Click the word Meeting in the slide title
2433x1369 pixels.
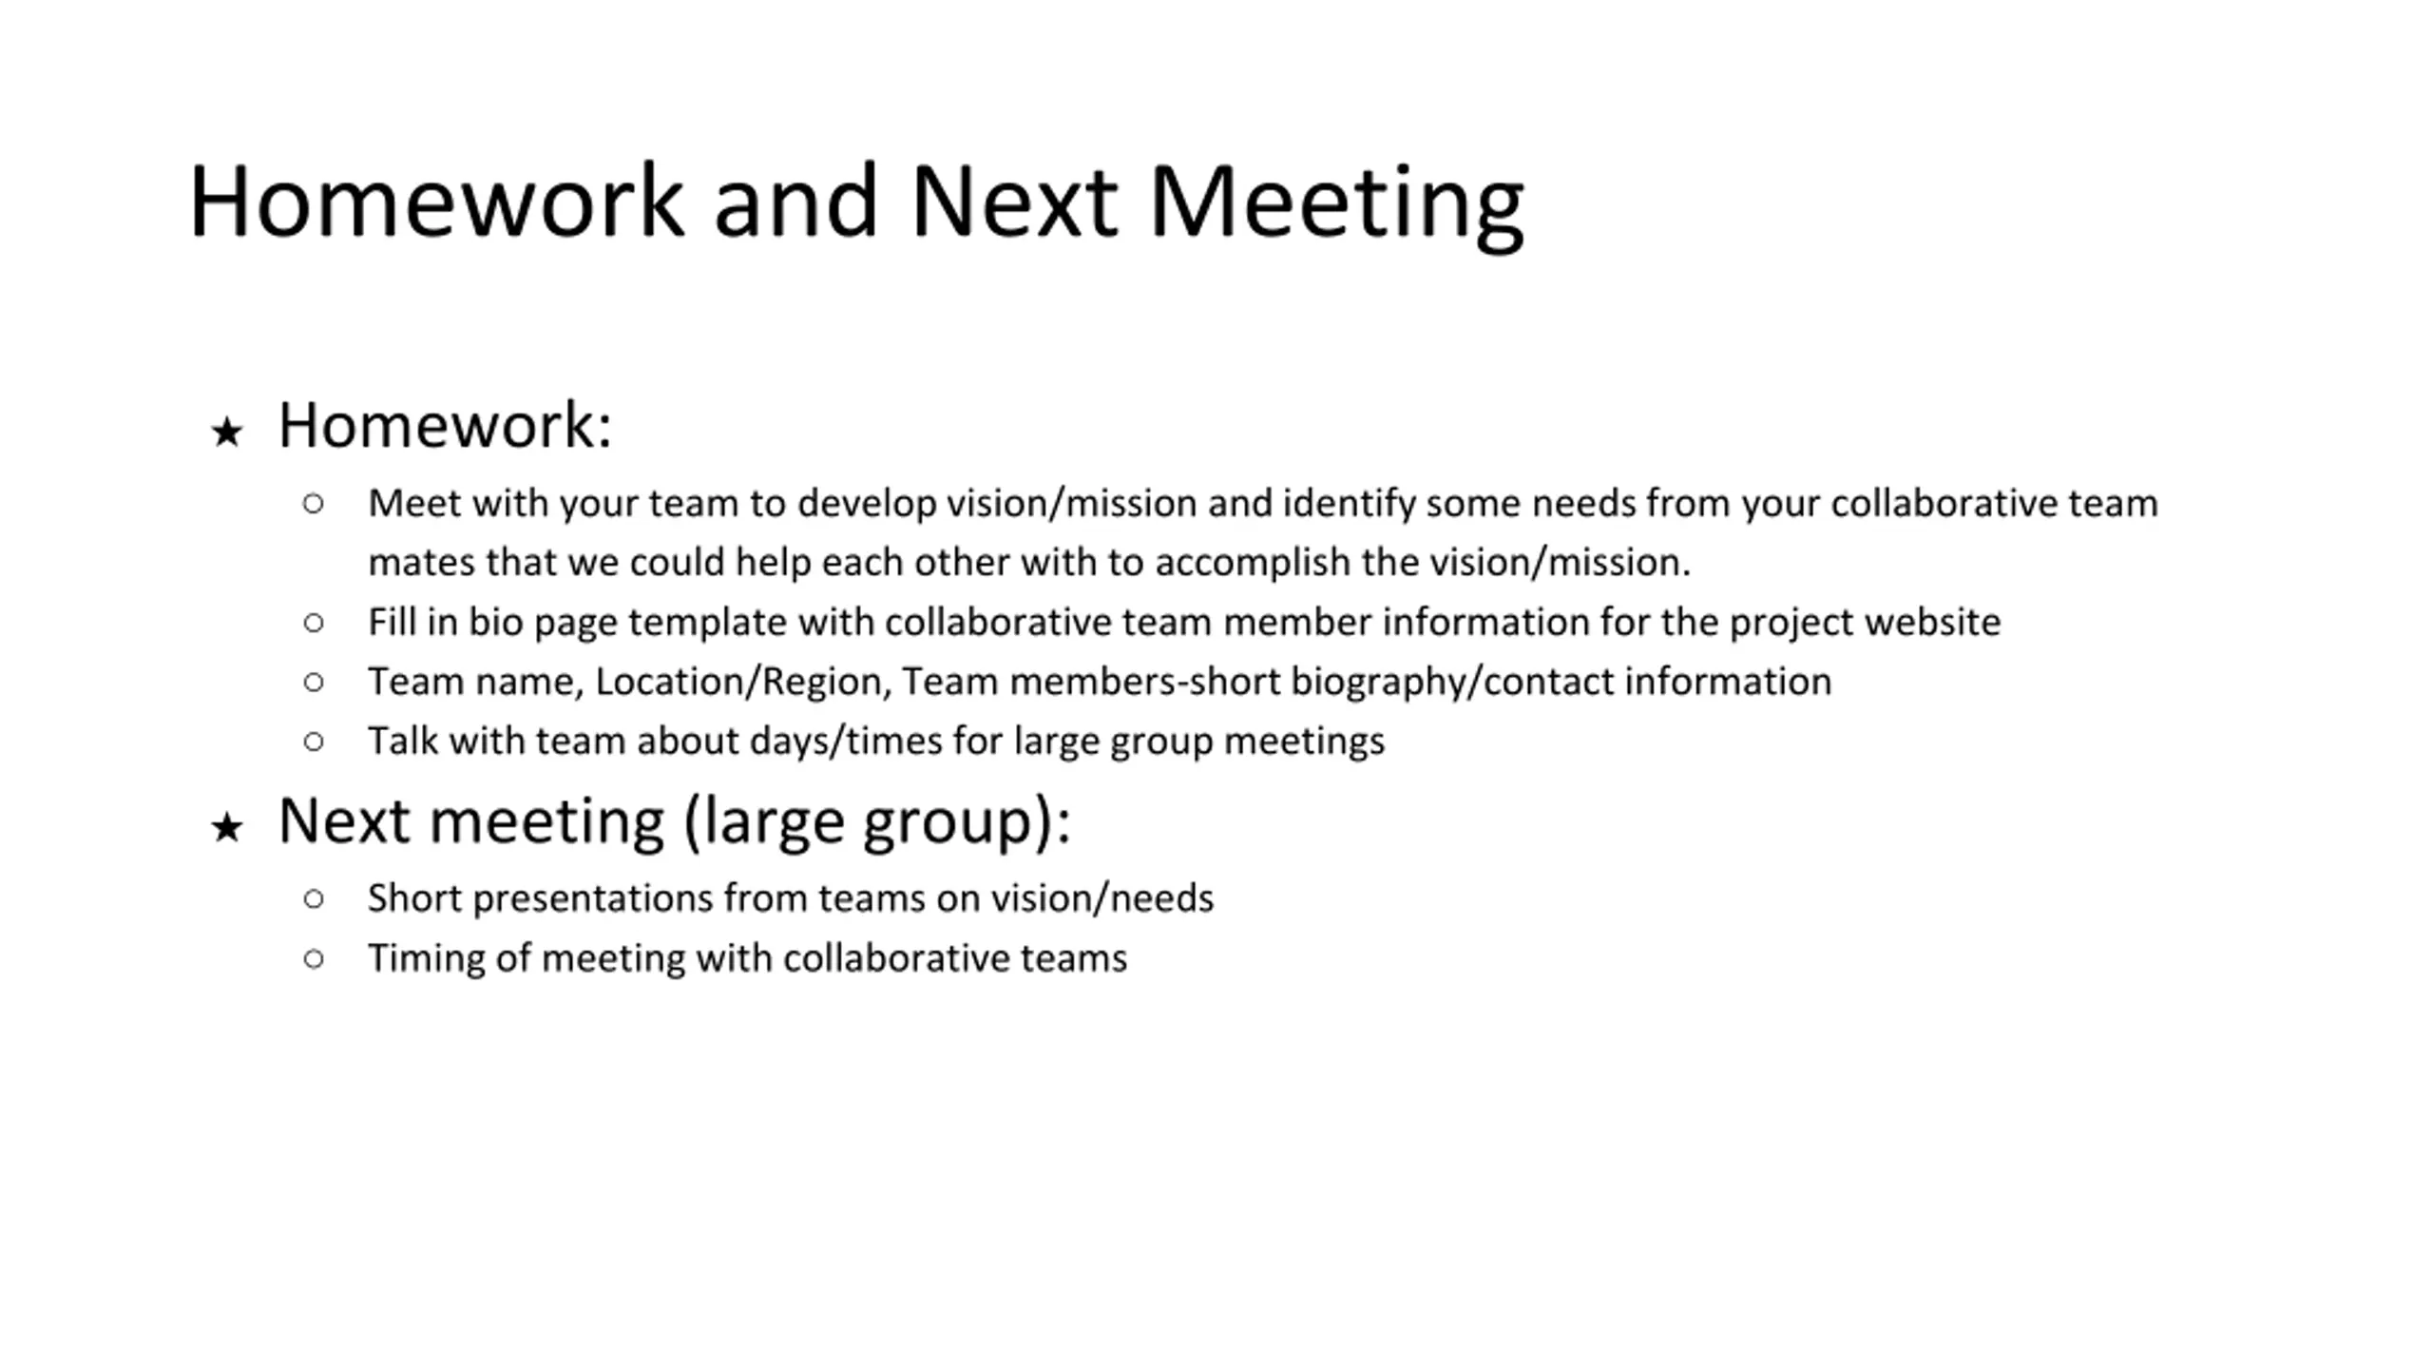tap(1336, 203)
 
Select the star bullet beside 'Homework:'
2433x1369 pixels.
tap(227, 432)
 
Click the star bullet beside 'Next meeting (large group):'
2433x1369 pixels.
tap(227, 827)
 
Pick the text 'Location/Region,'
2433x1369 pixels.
tap(743, 683)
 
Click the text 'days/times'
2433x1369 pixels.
tap(846, 742)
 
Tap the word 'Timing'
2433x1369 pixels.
tap(427, 959)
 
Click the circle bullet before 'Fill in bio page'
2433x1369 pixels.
tap(314, 623)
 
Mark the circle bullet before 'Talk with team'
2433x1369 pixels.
tap(314, 742)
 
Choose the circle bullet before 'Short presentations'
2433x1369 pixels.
tap(314, 898)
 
